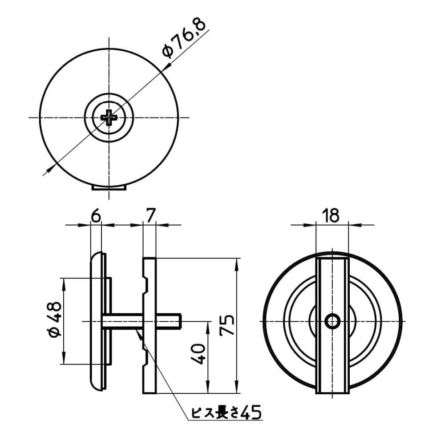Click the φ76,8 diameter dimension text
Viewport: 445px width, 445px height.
(x=184, y=38)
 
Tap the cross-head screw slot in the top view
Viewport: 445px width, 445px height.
(x=109, y=117)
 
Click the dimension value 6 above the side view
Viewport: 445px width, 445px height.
(x=96, y=216)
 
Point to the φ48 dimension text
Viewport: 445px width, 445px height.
(x=54, y=320)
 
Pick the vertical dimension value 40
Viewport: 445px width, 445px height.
(x=198, y=354)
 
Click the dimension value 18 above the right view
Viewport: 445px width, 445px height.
(x=331, y=216)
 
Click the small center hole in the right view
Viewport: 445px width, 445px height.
(x=332, y=322)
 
